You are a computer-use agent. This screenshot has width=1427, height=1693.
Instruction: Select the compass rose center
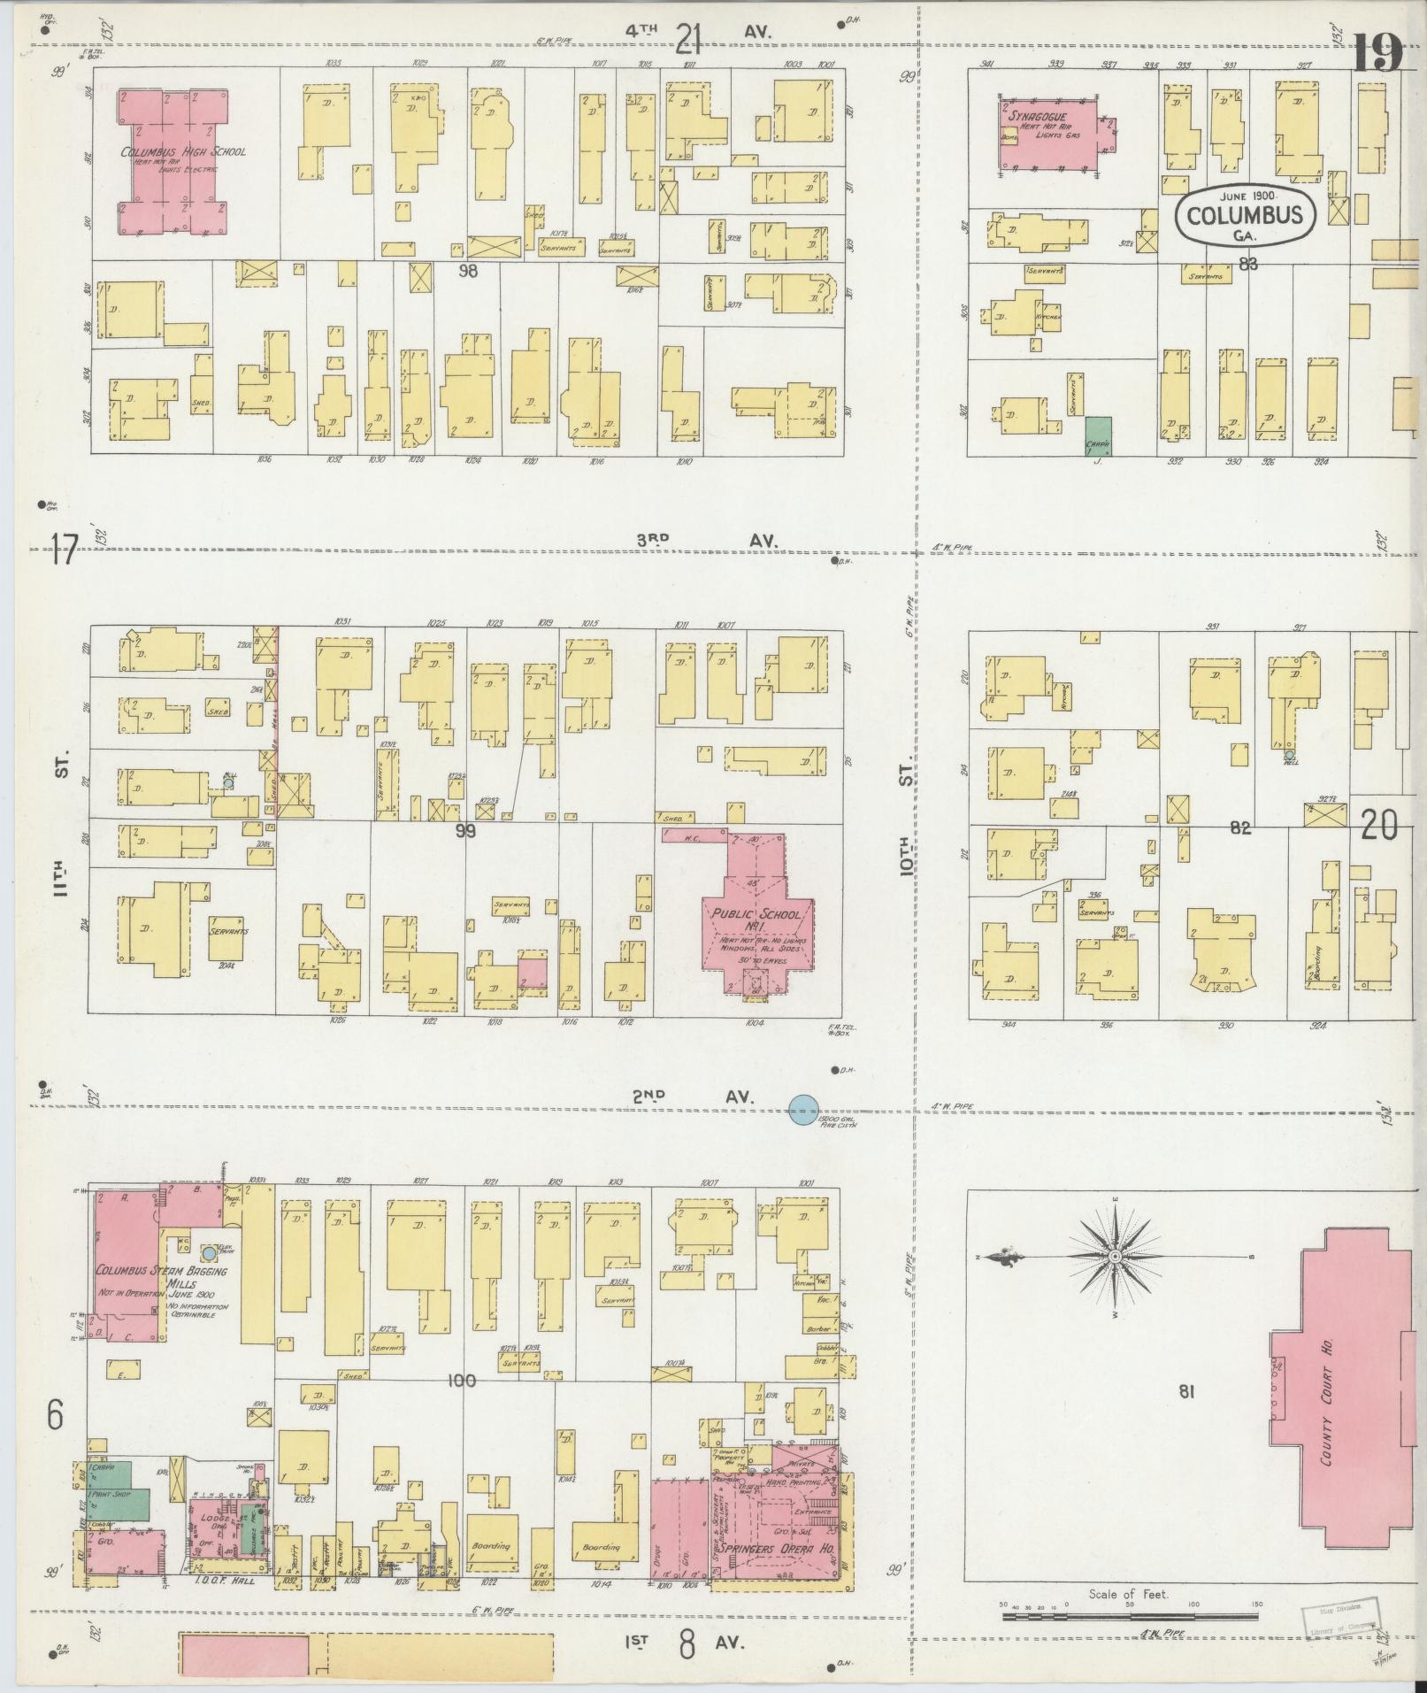click(1115, 1256)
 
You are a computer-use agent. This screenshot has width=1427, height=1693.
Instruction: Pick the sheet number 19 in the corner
click(1377, 55)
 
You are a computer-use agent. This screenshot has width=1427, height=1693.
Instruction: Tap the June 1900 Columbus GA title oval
click(1245, 213)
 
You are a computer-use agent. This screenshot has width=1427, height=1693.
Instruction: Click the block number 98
click(467, 272)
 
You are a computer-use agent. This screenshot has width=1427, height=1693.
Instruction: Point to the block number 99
click(465, 830)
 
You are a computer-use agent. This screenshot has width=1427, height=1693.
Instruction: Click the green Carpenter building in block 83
click(1099, 435)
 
